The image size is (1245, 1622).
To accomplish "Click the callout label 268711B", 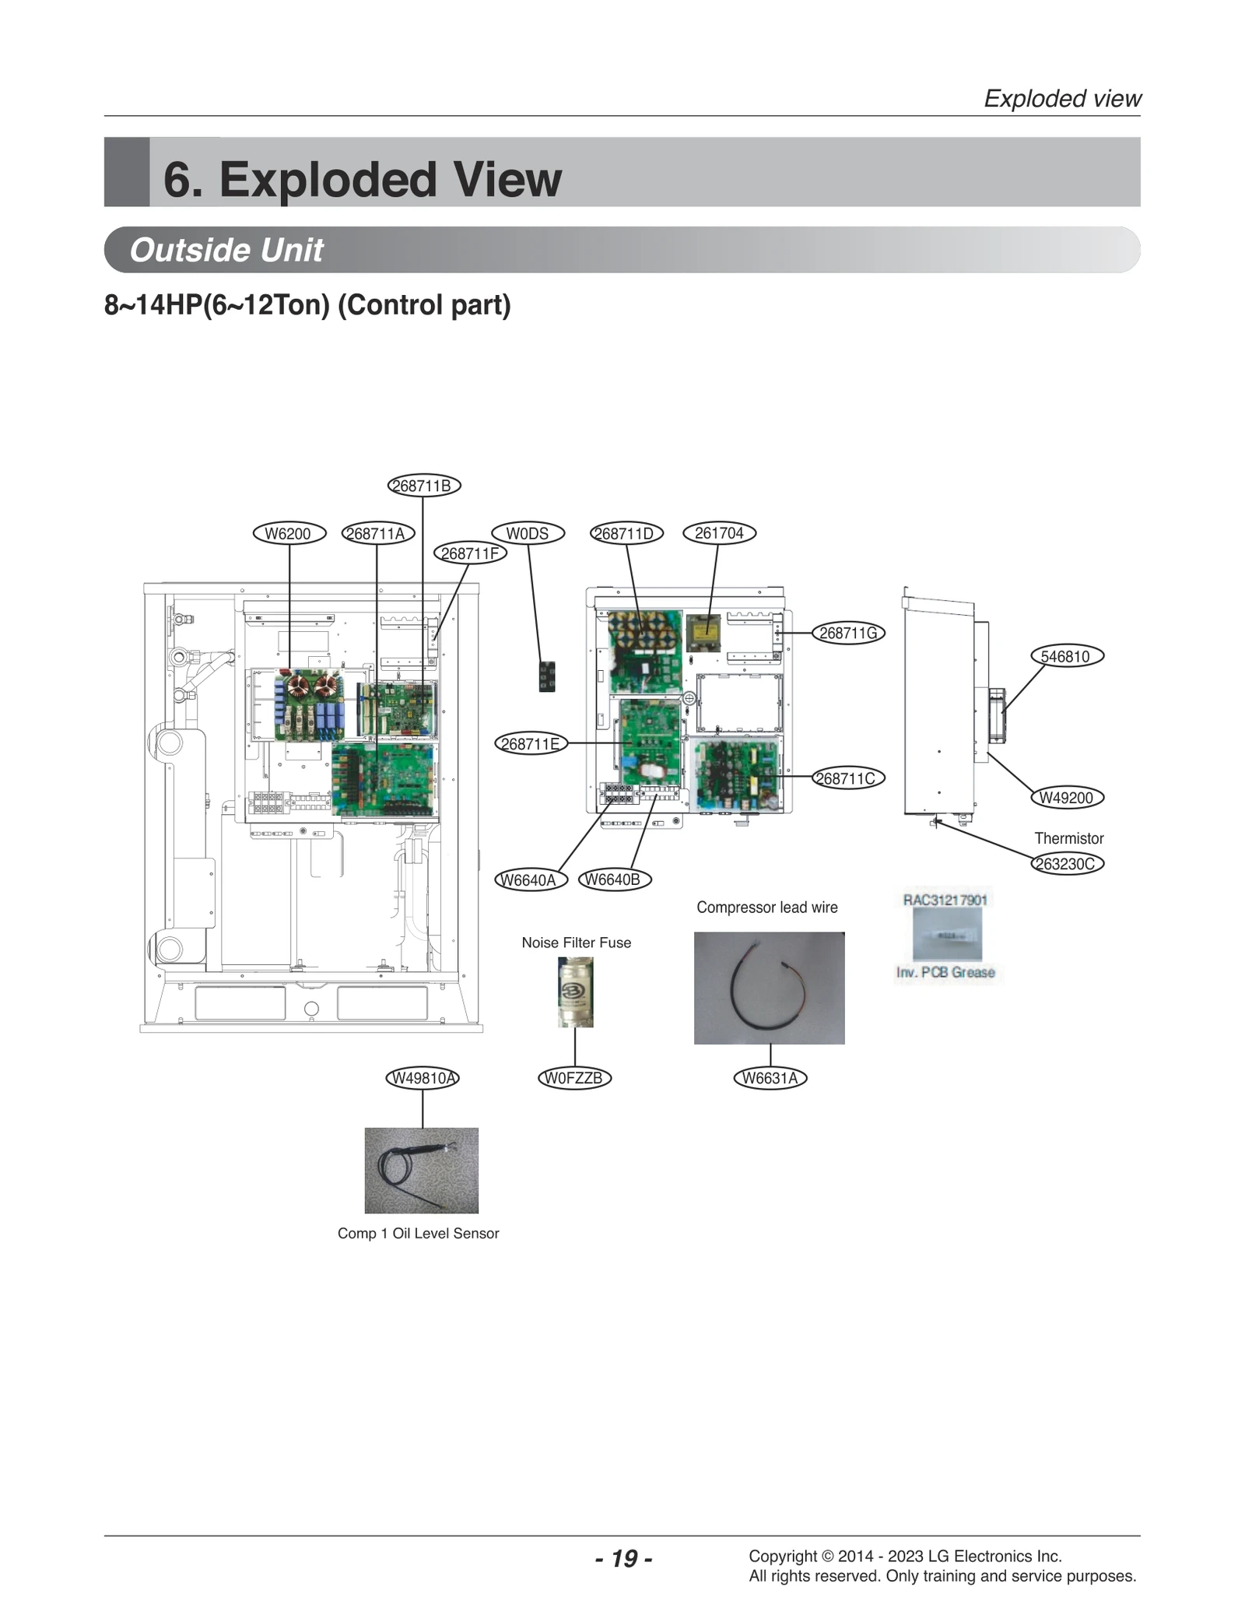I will (424, 486).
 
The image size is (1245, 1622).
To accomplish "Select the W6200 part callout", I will (289, 533).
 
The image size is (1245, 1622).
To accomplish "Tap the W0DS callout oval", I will (528, 533).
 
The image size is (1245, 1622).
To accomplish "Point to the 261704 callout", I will (719, 533).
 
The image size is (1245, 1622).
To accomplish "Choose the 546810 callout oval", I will (1066, 656).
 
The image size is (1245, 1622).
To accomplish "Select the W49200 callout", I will (1066, 798).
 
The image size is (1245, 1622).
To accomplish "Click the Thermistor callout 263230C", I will (1067, 864).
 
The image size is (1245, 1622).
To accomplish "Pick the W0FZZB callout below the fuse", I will (574, 1078).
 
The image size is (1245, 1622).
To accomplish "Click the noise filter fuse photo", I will (576, 992).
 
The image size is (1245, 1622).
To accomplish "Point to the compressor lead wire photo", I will (769, 988).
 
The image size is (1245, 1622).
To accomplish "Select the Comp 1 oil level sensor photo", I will (421, 1170).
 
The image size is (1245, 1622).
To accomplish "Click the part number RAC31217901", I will (945, 901).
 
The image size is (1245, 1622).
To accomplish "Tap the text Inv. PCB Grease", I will (945, 972).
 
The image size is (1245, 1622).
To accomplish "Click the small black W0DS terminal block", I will (547, 676).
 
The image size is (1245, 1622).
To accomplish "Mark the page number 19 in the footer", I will (623, 1558).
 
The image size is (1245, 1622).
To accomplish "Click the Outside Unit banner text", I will (226, 250).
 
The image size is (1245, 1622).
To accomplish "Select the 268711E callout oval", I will (531, 743).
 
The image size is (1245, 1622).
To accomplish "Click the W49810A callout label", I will (423, 1078).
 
